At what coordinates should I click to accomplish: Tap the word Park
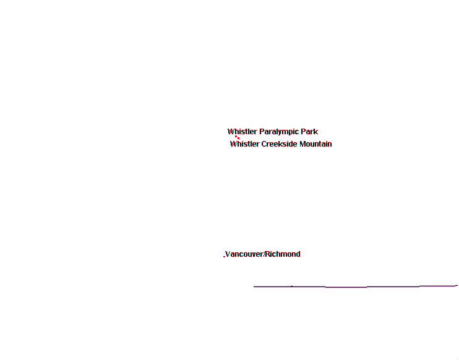click(312, 131)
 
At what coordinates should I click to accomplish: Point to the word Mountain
click(315, 144)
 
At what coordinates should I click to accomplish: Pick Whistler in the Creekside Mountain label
click(245, 144)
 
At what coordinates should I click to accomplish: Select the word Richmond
click(283, 254)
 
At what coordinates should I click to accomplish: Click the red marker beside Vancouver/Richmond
click(224, 257)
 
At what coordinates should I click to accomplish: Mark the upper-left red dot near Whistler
click(236, 136)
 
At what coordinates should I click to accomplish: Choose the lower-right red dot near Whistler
click(238, 138)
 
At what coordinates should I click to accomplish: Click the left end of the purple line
click(254, 286)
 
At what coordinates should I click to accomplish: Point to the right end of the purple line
click(458, 285)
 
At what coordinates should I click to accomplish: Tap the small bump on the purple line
click(291, 286)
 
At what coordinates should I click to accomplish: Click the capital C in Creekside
click(264, 144)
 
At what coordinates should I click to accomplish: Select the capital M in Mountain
click(302, 144)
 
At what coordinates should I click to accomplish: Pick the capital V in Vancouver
click(228, 254)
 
